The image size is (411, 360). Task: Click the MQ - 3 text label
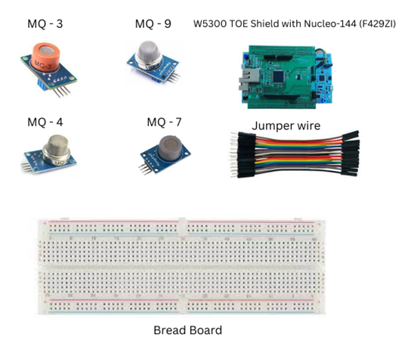pos(45,24)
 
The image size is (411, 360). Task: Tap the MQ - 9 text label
pos(153,24)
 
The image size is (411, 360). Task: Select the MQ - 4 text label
pos(45,123)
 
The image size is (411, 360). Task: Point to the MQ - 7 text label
pos(164,123)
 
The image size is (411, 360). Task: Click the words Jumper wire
pos(286,126)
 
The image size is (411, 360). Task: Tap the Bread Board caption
pos(187,331)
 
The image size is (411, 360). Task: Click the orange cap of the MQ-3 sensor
pos(45,57)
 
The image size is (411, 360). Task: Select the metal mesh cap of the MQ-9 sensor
pos(150,54)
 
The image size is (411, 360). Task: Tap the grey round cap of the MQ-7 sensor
pos(171,147)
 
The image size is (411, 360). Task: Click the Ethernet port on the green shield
pos(249,78)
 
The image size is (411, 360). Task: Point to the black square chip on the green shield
pos(278,76)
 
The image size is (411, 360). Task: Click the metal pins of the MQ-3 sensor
pos(62,91)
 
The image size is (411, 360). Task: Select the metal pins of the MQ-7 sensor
pos(145,169)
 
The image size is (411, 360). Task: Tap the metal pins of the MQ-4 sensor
pos(26,167)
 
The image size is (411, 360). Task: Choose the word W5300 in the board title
pos(210,24)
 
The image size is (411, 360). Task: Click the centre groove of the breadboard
pos(181,268)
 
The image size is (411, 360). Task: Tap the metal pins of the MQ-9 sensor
pos(173,77)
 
